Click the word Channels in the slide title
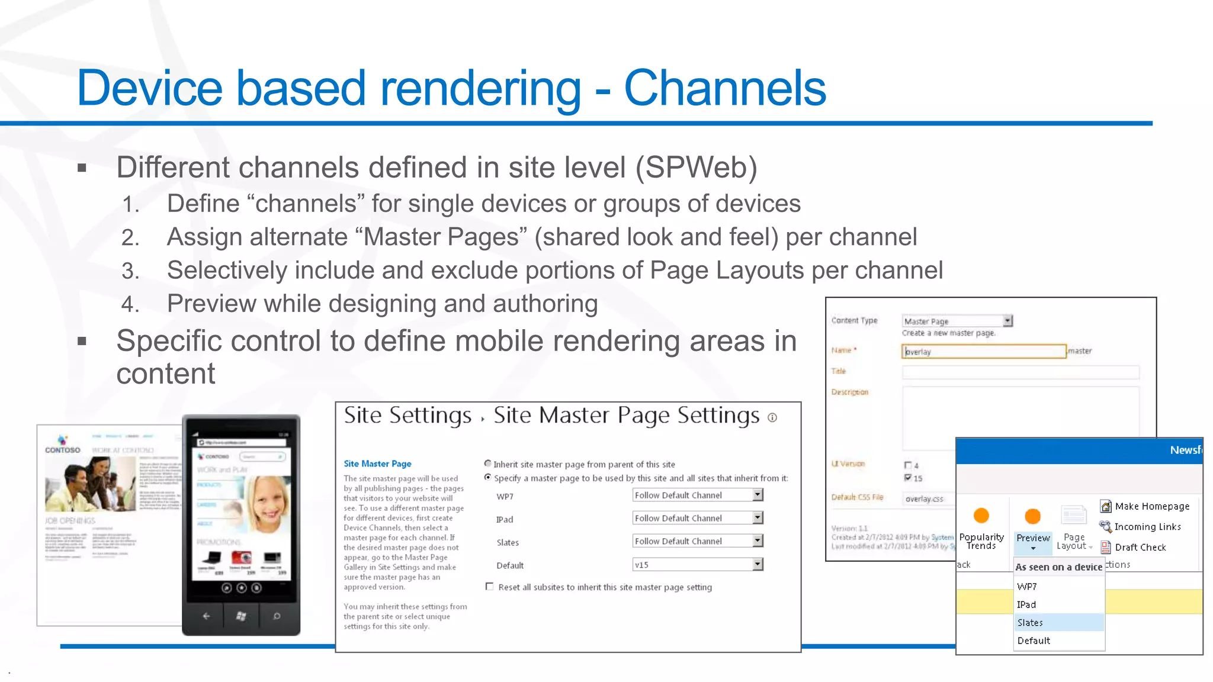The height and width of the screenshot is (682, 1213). coord(724,88)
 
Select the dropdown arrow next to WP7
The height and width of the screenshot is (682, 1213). coord(758,495)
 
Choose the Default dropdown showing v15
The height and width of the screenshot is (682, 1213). coord(697,565)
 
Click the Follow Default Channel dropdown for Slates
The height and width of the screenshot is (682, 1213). coord(697,541)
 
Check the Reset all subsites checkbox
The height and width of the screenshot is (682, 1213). coord(489,587)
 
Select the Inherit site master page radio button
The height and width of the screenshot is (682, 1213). coord(487,464)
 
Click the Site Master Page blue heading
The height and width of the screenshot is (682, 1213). coord(377,464)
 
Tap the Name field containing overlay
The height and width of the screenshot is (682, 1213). coord(983,352)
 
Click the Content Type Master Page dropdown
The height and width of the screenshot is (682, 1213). coord(957,321)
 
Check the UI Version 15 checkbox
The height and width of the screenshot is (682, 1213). coord(907,478)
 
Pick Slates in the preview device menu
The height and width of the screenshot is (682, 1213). coord(1030,622)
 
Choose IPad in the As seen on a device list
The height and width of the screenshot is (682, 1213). coord(1026,604)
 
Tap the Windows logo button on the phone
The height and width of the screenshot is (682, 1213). coord(241,616)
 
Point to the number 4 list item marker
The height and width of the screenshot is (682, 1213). coord(130,304)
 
